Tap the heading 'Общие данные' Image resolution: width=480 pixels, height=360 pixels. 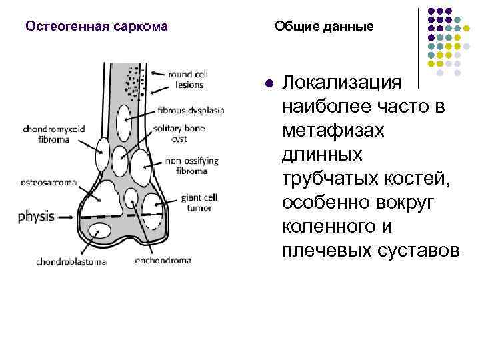[325, 27]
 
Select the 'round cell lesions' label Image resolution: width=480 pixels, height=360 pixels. [186, 79]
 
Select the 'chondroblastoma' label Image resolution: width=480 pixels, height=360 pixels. [71, 262]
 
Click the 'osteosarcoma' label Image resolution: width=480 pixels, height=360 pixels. [49, 181]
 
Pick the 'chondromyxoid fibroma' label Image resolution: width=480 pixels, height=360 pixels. [53, 134]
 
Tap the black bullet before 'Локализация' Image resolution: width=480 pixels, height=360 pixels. [268, 85]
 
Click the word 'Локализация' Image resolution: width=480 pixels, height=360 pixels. [342, 83]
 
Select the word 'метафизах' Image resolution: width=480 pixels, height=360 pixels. [333, 131]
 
